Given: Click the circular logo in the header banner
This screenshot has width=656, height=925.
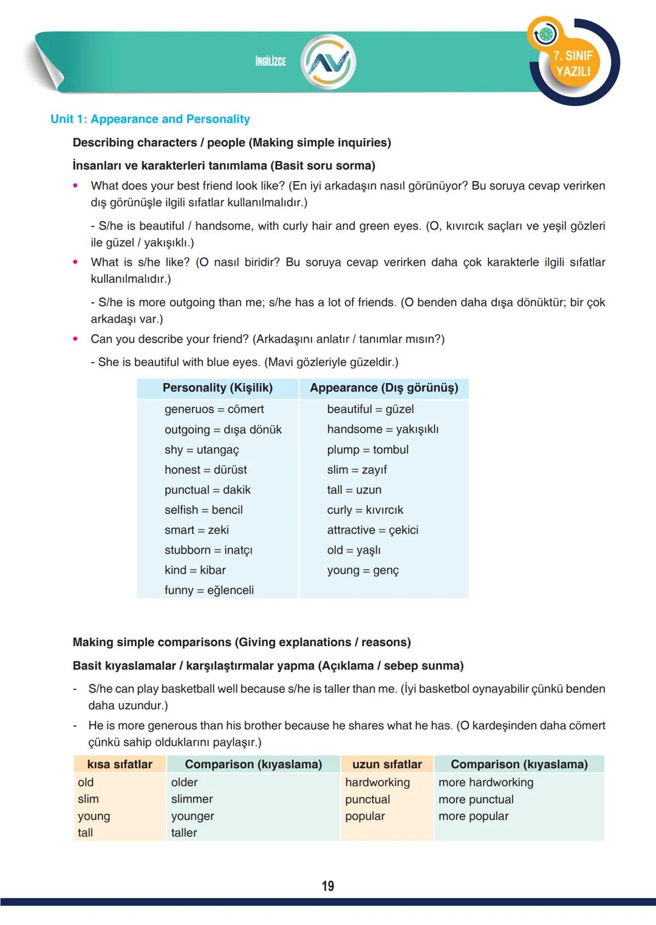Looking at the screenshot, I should coord(329,62).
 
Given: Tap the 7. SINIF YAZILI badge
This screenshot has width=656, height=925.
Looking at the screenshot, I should coord(573,64).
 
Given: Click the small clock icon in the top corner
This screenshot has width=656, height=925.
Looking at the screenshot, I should coord(545,35).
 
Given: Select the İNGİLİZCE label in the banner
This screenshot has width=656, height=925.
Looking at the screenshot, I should coord(270,61).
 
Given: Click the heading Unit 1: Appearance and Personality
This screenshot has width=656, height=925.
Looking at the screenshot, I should coord(150,119).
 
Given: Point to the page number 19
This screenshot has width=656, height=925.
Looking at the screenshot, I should coord(328,885).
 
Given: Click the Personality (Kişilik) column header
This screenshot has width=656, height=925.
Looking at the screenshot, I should coord(217,388).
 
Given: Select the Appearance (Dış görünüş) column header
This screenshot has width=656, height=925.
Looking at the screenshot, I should coord(384,388).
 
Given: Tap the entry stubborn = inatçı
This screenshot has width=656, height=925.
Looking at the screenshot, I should coord(208,550).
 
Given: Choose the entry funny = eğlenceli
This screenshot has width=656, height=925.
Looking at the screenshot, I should coord(209,590).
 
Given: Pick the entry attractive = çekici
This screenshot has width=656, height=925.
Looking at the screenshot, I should coord(372,530).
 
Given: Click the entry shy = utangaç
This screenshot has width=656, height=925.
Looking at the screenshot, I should coord(202,450).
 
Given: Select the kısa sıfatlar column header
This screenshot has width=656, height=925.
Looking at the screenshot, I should coord(120,764).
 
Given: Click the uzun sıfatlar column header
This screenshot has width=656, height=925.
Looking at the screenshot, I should coord(387,764).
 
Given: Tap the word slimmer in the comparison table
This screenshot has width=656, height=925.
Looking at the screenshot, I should coord(192,799).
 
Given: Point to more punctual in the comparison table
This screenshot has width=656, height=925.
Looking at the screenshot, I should coord(476,799).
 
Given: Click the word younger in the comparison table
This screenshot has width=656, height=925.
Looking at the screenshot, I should coord(193,816).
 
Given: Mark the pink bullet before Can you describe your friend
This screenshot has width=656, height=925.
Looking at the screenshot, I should coord(75,339).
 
